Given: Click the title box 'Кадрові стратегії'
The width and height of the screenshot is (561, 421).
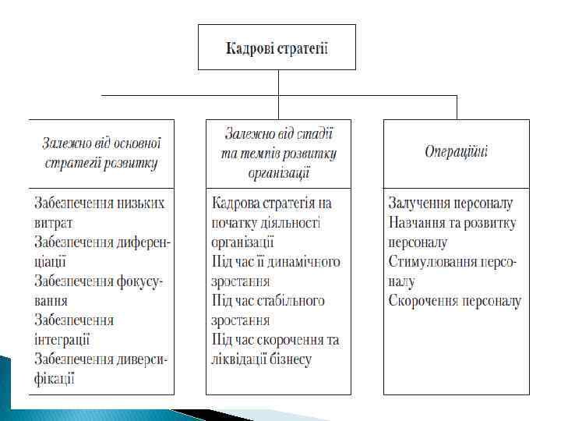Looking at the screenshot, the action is [x=277, y=48].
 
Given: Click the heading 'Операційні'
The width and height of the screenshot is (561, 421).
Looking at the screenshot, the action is [x=456, y=151].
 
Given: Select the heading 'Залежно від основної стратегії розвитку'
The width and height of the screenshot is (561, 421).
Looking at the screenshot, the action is [x=101, y=153].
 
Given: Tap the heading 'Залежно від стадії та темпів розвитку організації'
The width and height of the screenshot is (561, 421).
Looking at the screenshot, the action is [x=278, y=153].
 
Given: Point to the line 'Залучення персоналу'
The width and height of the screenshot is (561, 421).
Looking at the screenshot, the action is [x=450, y=203].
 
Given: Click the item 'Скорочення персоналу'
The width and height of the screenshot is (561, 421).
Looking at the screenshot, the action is [x=454, y=301].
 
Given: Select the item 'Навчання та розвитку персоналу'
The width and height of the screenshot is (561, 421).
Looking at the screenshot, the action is [x=452, y=233].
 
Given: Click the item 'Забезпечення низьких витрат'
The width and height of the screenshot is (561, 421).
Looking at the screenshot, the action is [x=100, y=213].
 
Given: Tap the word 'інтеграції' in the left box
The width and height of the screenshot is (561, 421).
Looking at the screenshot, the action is [x=62, y=340].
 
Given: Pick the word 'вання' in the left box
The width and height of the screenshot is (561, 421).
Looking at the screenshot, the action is [x=51, y=301].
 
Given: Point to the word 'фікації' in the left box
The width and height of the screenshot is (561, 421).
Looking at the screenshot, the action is [x=55, y=379].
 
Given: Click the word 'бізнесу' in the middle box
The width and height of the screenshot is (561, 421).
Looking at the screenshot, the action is [x=289, y=359].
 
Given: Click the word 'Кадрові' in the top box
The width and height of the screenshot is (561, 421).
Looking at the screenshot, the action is [x=249, y=48].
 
